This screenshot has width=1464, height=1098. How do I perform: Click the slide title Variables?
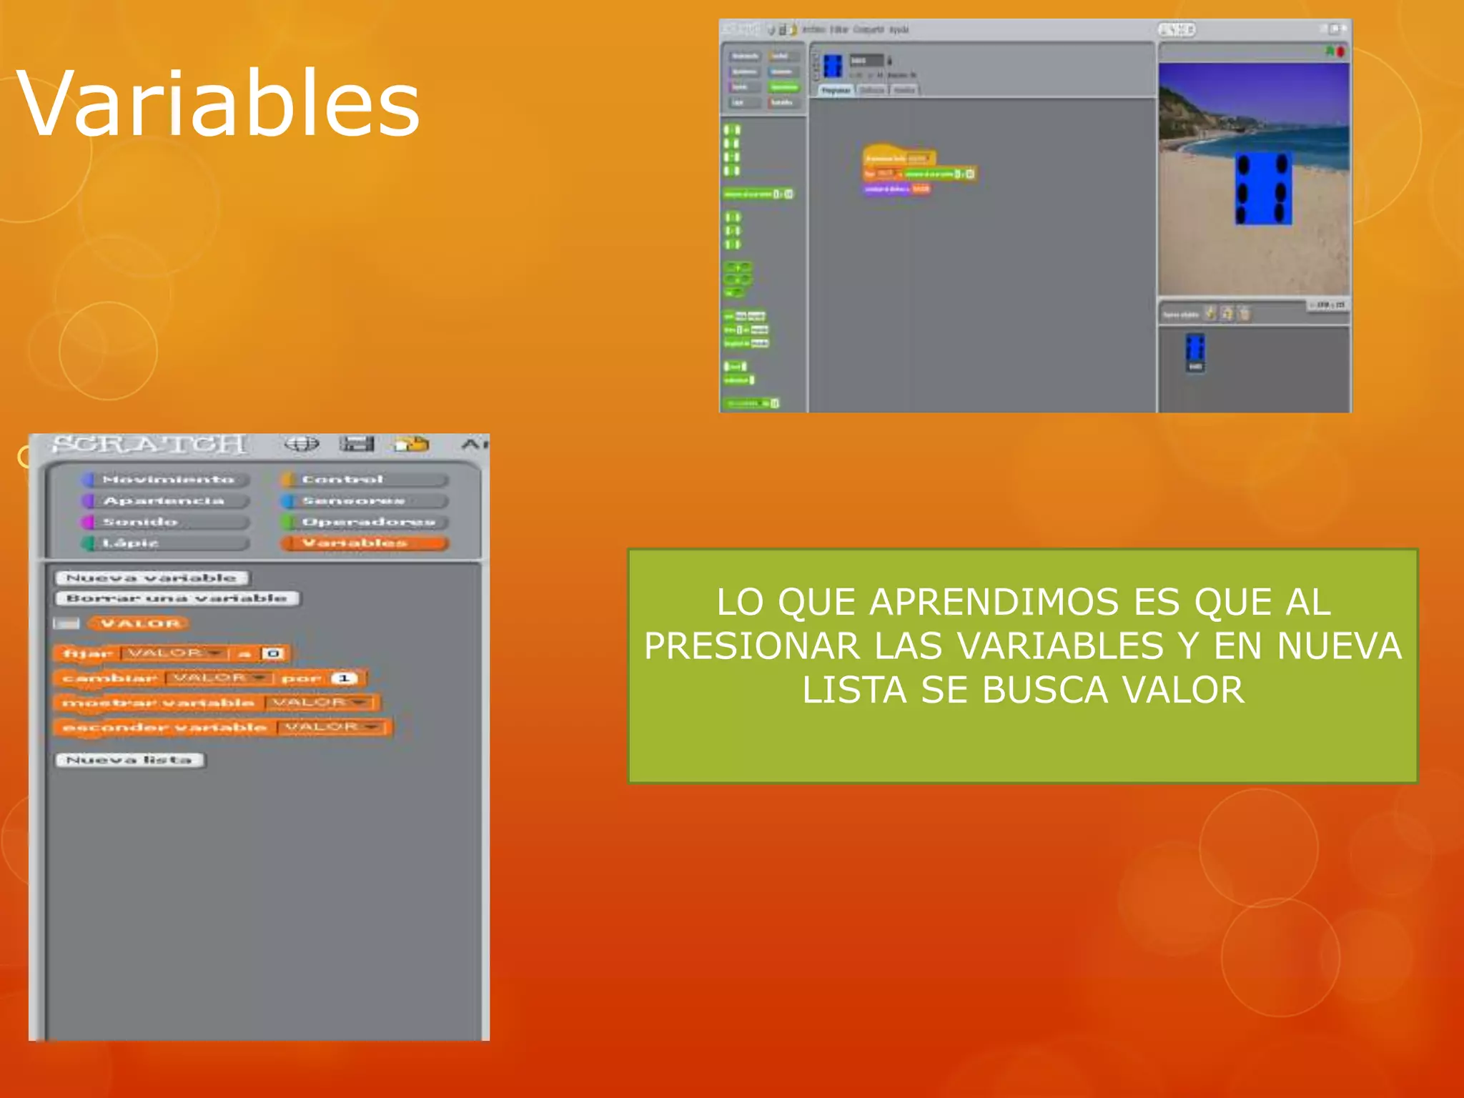pos(218,104)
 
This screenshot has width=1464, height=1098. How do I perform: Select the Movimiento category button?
pos(167,480)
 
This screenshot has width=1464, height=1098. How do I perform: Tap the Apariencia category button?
pos(164,501)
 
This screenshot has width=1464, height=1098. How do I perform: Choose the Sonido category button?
pos(164,522)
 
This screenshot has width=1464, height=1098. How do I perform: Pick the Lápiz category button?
pos(164,543)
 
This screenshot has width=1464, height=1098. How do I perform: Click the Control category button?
pos(365,480)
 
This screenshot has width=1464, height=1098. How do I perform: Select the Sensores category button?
pos(365,501)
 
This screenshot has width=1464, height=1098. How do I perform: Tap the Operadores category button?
pos(365,522)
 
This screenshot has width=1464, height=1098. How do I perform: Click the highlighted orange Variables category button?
pos(365,543)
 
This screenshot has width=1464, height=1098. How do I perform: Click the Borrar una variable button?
pos(177,598)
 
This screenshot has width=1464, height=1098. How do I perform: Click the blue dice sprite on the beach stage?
pos(1262,188)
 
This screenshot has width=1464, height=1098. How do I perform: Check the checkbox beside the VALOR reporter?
pos(66,624)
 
